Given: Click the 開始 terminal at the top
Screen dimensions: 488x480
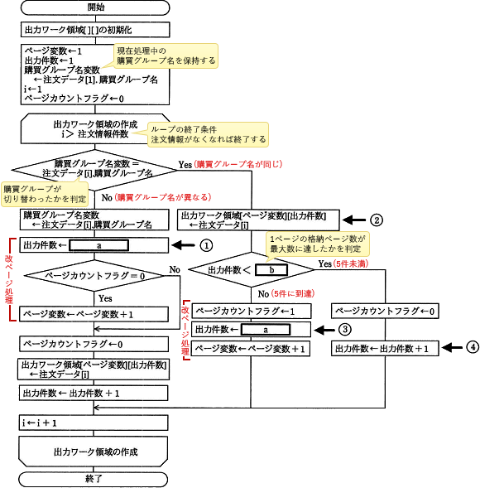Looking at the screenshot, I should point(96,7).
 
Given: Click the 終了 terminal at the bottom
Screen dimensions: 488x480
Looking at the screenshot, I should point(96,478).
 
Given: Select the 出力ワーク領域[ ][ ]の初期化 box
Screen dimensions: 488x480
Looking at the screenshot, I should point(96,29).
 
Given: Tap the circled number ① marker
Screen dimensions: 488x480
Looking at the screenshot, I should point(207,245).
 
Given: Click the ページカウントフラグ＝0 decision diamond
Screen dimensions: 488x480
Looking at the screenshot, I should point(96,274).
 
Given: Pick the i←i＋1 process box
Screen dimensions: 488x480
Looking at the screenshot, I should point(96,423).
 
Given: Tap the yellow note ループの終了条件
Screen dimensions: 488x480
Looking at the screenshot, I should point(207,134).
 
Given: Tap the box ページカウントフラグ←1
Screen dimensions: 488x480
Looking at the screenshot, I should point(252,311).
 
